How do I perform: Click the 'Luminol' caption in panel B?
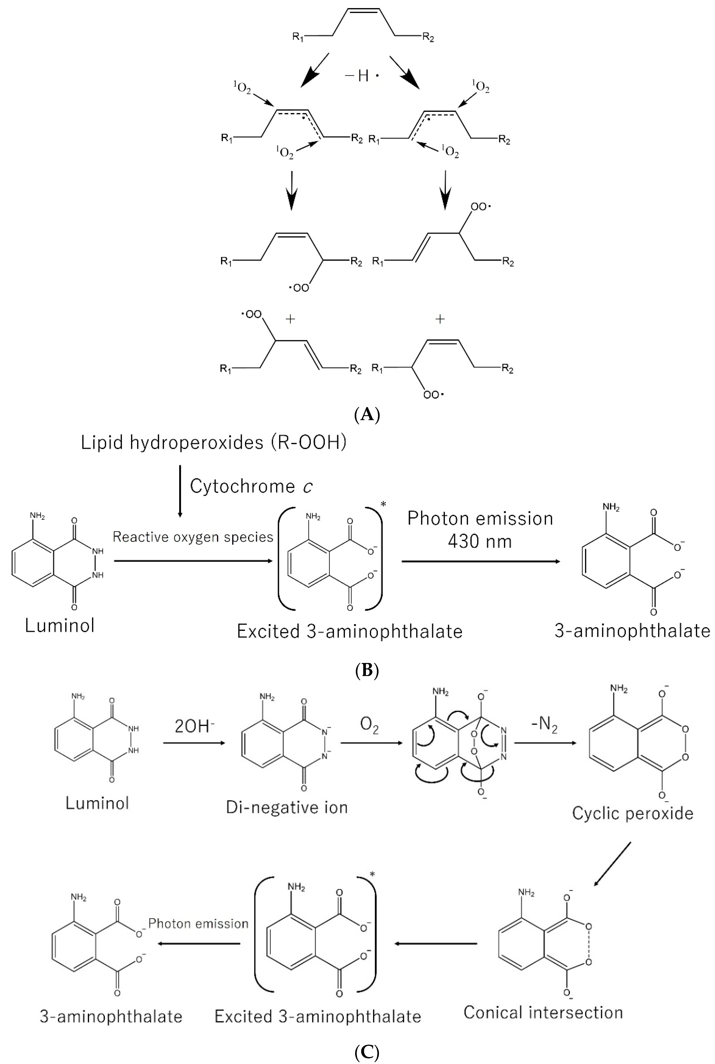click(60, 625)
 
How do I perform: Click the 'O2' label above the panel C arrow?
click(369, 726)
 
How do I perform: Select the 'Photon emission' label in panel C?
click(198, 924)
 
